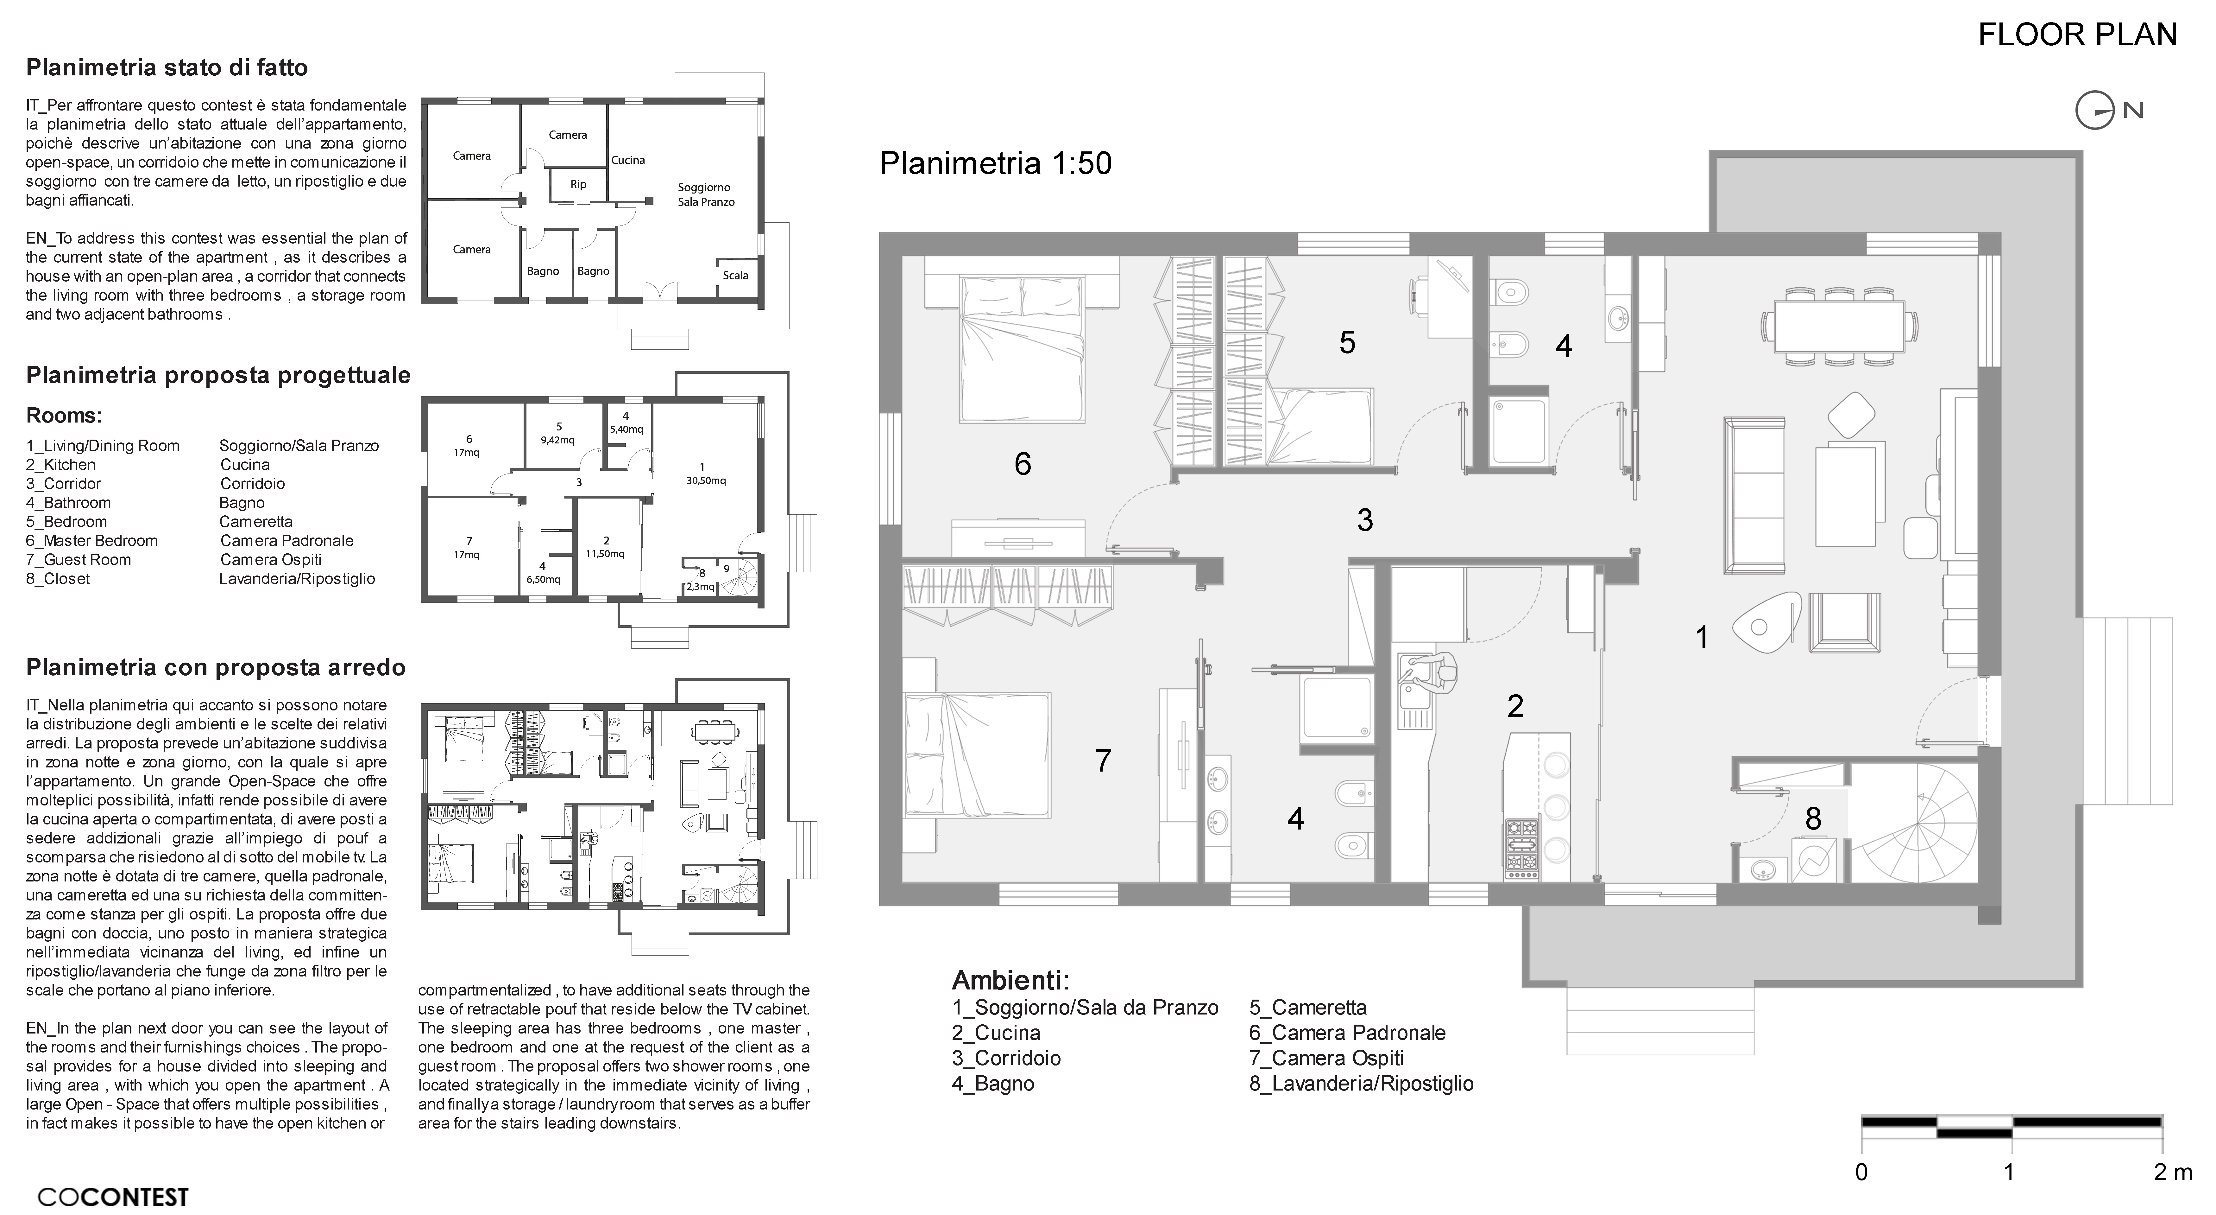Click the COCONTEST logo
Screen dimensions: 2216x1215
[x=113, y=1197]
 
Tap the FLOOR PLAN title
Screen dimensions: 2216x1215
[x=2077, y=35]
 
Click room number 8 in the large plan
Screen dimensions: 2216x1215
[x=1813, y=818]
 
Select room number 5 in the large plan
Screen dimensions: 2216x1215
[x=1347, y=342]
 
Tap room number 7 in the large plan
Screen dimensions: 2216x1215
[x=1103, y=761]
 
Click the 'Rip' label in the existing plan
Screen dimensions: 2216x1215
[x=578, y=184]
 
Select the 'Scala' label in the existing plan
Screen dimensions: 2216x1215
[x=735, y=275]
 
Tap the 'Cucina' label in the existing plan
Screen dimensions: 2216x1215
[x=628, y=160]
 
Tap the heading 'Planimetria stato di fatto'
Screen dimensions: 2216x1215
[x=167, y=67]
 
